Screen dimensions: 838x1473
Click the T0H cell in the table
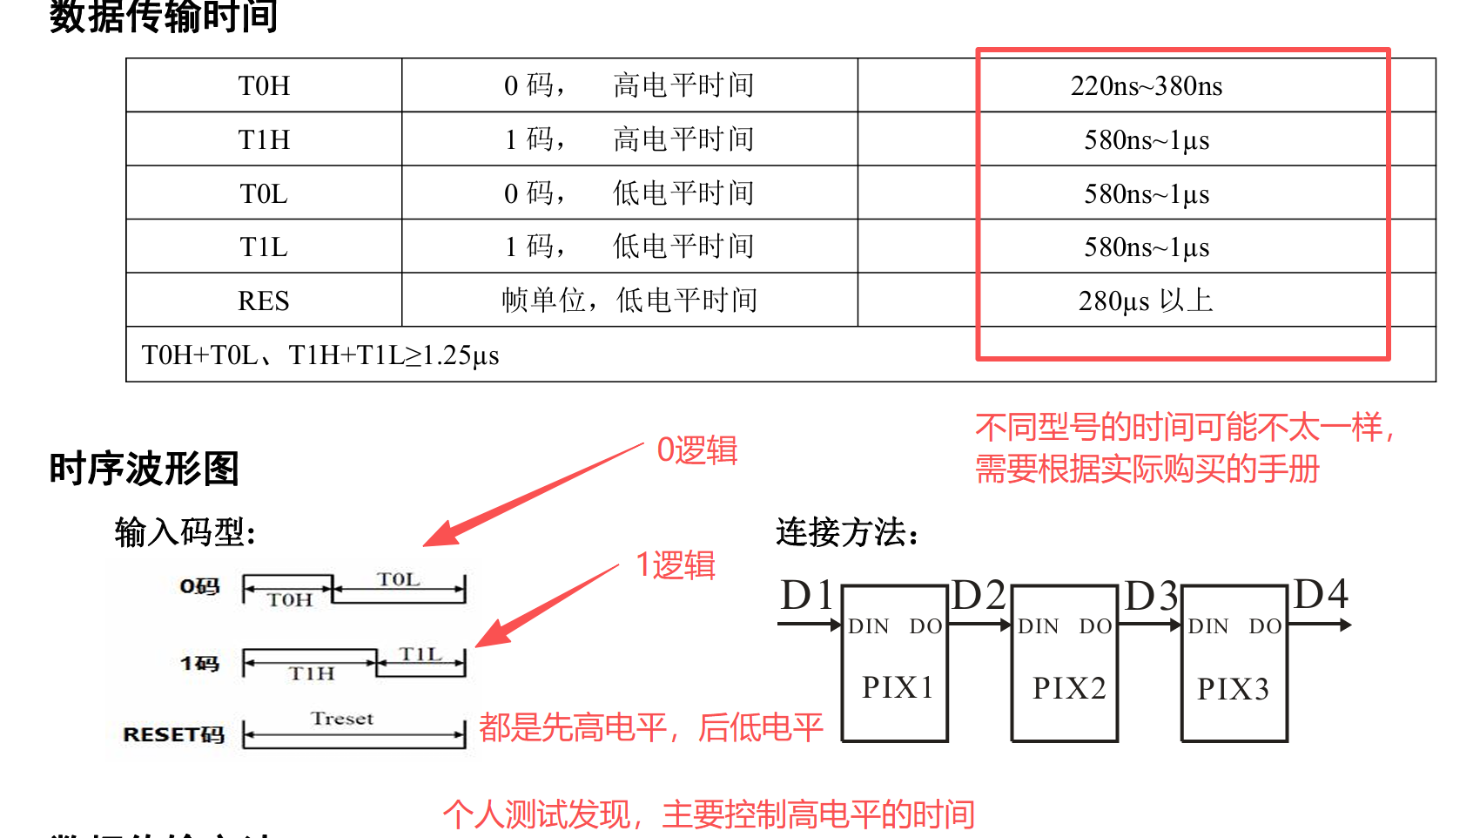point(264,86)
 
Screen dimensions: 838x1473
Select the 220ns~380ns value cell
point(1146,86)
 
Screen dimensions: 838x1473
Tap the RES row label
point(264,301)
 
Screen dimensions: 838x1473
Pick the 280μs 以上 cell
point(1146,301)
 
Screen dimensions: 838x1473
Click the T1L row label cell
point(264,247)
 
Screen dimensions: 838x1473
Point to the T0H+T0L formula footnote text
point(320,355)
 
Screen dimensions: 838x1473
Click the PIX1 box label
point(898,688)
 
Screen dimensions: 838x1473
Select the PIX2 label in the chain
point(1069,688)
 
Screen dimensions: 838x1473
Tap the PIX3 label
point(1233,689)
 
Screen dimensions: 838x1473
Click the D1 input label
point(807,596)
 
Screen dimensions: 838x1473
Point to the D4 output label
point(1321,595)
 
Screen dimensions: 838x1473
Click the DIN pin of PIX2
point(1039,626)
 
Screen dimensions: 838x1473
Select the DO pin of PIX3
point(1265,626)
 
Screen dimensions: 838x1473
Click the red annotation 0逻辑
point(696,450)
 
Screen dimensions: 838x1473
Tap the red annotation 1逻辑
point(676,565)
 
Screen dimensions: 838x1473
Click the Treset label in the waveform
point(342,719)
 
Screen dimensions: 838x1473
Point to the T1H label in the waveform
point(312,673)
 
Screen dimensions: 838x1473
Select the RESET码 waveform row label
point(173,734)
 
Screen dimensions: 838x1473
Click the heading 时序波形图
point(144,469)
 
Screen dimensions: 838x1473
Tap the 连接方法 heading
point(846,531)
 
